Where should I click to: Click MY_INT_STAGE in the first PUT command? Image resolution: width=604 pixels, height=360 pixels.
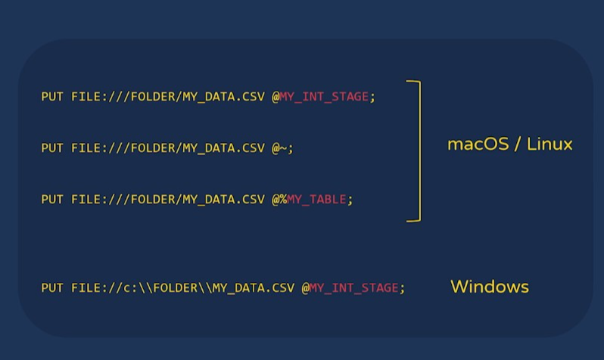324,97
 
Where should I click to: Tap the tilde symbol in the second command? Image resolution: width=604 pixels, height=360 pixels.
283,148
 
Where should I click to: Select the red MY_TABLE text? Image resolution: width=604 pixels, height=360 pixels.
316,200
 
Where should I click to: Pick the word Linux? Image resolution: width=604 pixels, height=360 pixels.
550,144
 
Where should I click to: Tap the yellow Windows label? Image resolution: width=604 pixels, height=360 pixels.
489,287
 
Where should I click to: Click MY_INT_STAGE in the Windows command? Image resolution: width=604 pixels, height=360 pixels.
353,288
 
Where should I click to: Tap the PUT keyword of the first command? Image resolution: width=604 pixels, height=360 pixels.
52,97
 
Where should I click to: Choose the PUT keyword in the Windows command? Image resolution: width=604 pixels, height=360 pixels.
52,288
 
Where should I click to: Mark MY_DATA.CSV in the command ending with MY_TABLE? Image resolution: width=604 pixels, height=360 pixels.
224,200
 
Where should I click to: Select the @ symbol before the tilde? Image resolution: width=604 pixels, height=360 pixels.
276,148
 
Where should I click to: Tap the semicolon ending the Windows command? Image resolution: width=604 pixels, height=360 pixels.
402,289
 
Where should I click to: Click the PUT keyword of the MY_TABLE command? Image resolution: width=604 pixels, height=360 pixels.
52,200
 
